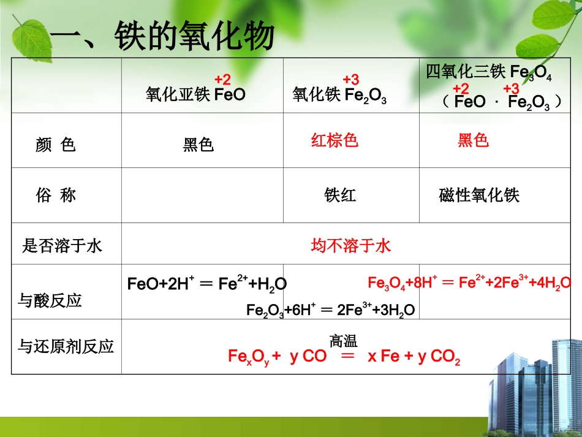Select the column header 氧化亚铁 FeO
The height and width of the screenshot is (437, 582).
click(x=195, y=95)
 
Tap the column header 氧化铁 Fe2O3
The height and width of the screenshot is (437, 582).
click(x=339, y=96)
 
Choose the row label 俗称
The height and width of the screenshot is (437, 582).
click(x=56, y=196)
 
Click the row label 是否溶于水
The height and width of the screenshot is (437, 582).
click(x=62, y=246)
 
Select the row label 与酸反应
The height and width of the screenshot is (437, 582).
click(x=50, y=301)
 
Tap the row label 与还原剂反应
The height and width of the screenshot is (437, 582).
click(x=66, y=347)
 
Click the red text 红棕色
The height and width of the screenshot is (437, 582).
click(x=334, y=140)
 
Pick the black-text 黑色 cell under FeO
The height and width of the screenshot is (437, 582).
click(x=198, y=145)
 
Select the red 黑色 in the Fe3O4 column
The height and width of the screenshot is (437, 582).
click(x=474, y=140)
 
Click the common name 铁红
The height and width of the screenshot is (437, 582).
click(x=340, y=196)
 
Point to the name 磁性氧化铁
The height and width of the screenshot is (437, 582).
click(x=479, y=196)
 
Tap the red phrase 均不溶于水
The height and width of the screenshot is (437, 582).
click(x=351, y=246)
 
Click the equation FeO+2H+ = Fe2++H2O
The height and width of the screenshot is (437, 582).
click(x=206, y=284)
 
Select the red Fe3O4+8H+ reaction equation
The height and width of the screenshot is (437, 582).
click(x=469, y=283)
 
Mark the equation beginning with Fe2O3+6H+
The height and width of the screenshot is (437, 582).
click(x=331, y=310)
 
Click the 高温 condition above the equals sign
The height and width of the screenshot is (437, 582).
click(x=343, y=341)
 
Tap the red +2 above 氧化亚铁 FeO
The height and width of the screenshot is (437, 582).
click(x=222, y=80)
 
